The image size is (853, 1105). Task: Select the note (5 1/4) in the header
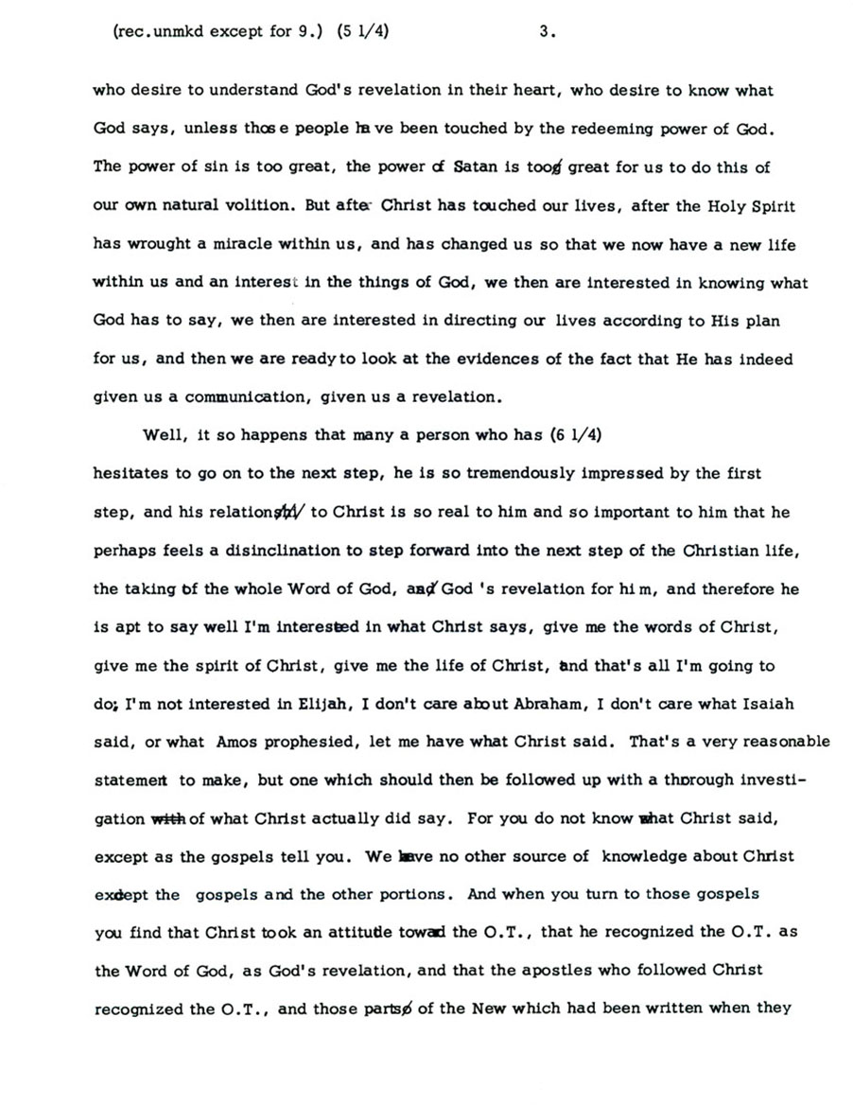click(x=364, y=30)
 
